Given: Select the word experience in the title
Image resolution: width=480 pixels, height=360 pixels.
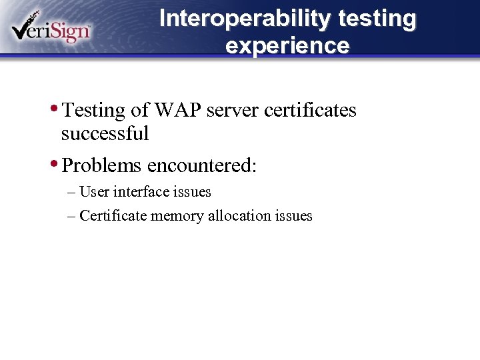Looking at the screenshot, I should point(287,46).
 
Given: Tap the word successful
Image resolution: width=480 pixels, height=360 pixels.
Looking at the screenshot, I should point(105,133).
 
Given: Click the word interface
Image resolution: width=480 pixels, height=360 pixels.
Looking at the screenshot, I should point(142,192).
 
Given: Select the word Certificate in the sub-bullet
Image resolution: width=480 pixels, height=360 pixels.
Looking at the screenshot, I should point(113,215).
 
